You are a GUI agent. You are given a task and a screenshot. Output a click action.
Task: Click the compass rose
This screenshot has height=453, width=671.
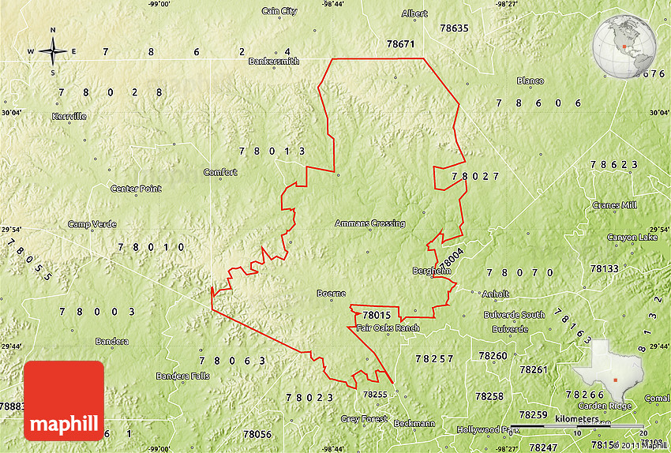click(x=53, y=52)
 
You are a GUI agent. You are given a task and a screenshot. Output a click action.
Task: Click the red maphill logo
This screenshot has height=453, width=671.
click(x=64, y=400)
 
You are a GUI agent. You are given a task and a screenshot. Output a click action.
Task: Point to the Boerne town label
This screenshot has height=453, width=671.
click(x=332, y=294)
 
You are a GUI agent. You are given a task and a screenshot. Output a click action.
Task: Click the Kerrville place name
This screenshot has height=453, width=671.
click(x=69, y=116)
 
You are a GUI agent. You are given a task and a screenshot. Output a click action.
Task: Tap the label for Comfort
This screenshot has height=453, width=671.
click(x=220, y=172)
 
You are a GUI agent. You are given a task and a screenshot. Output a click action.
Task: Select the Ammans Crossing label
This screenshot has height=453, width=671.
click(x=369, y=223)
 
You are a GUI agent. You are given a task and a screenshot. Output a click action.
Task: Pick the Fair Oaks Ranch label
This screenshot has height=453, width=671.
click(x=388, y=328)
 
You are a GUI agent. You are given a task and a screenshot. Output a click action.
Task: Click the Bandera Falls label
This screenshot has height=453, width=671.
click(x=183, y=376)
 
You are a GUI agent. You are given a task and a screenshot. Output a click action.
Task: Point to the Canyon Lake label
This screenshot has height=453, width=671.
click(x=632, y=238)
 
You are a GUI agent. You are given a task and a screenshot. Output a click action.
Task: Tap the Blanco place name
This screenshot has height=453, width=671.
click(x=530, y=80)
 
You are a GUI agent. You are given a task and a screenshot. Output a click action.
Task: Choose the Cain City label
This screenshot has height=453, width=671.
click(x=279, y=11)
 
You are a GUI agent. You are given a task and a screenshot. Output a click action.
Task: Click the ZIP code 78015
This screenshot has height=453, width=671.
click(x=377, y=315)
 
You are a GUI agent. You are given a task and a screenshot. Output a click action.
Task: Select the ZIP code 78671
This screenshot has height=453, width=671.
click(x=400, y=44)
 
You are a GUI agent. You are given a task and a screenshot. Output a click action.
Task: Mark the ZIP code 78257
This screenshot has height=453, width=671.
click(x=435, y=358)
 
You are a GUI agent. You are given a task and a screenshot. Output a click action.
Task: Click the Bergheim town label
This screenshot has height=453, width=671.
click(x=432, y=271)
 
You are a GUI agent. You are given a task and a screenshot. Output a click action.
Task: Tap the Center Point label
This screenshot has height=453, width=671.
click(x=136, y=189)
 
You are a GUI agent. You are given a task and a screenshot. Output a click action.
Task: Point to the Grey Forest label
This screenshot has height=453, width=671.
click(x=364, y=419)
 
